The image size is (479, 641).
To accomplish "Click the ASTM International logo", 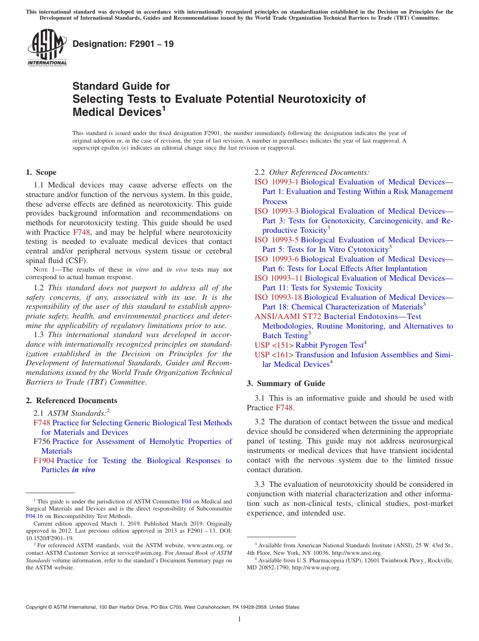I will coord(47,48).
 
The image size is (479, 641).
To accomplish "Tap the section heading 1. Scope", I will coord(41,172).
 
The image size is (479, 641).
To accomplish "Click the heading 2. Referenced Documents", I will coord(72,401).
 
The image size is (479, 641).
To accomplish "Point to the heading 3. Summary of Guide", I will coord(286,383).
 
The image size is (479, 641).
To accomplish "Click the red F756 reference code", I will coord(42,441).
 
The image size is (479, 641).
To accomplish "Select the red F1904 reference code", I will coord(44,461).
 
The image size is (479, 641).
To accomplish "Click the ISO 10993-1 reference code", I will coord(276,182).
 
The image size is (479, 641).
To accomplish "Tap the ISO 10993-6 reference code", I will coord(276,259).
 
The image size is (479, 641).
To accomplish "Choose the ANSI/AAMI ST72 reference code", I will coord(287,316).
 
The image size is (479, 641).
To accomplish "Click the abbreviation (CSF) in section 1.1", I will coord(76,261).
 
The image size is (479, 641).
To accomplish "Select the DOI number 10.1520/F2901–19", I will coord(49,538).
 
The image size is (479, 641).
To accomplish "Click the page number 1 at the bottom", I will coord(239,619).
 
